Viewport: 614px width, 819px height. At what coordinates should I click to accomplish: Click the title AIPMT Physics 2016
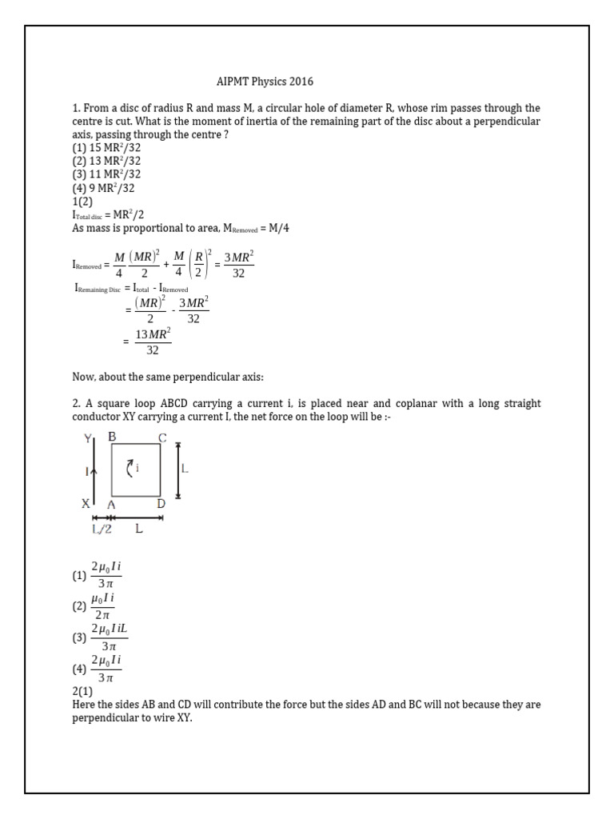click(x=265, y=81)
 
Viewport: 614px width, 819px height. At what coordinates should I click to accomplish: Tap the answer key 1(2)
click(x=83, y=202)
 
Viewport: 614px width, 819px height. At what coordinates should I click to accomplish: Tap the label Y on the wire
click(x=88, y=437)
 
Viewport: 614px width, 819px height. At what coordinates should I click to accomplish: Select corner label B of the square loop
click(x=112, y=436)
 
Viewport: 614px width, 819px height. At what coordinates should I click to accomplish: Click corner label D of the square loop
click(x=161, y=505)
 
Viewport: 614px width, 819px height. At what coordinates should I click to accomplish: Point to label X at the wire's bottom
click(x=86, y=505)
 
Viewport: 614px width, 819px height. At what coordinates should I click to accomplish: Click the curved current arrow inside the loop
click(x=132, y=468)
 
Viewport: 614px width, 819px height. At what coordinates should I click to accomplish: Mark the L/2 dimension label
click(x=102, y=529)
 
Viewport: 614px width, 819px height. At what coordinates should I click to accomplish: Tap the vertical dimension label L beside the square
click(x=185, y=470)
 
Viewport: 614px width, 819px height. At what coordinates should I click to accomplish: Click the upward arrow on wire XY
click(x=95, y=472)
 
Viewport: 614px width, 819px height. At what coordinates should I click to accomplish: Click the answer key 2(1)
click(x=82, y=691)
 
